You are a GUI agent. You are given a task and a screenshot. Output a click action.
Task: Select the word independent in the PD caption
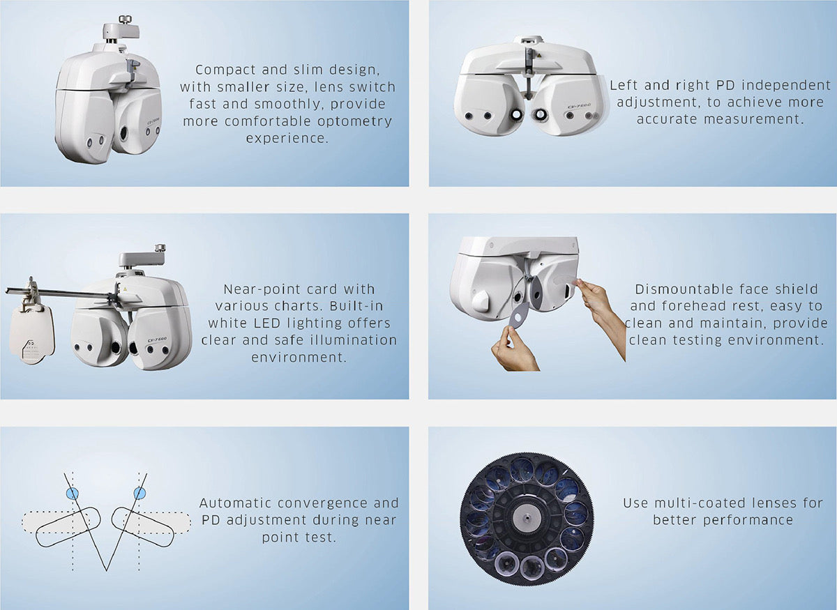[x=786, y=86]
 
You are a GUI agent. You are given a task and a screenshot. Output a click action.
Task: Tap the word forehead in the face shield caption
[x=695, y=306]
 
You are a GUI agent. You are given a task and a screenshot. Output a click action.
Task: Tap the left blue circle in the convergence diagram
[x=73, y=493]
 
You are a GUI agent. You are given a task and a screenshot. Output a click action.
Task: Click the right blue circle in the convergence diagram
[x=139, y=493]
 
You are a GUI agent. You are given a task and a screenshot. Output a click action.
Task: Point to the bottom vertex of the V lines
[x=107, y=570]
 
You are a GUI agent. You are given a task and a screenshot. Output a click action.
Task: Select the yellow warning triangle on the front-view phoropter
[x=538, y=55]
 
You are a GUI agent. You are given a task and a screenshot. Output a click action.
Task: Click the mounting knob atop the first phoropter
[x=123, y=20]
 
